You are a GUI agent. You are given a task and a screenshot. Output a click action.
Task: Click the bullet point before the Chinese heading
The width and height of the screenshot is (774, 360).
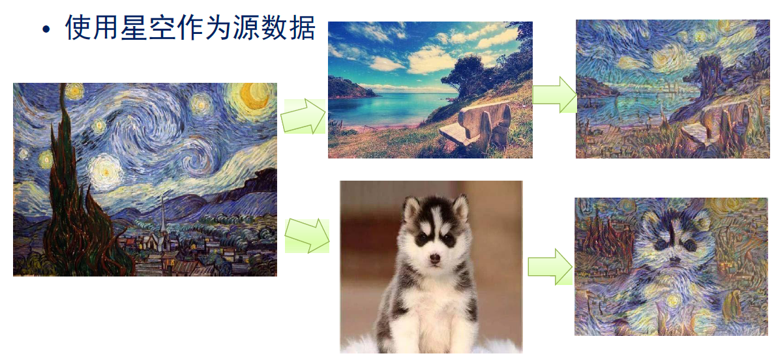tap(46, 29)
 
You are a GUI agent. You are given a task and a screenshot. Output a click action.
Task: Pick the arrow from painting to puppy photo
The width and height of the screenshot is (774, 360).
tap(306, 235)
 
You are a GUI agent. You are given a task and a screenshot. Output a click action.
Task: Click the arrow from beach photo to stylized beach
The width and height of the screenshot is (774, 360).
tap(554, 95)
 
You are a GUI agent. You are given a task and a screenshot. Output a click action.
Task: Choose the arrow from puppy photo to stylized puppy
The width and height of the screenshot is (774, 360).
tap(550, 267)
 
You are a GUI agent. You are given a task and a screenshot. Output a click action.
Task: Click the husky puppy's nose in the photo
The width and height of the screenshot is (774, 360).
tap(435, 258)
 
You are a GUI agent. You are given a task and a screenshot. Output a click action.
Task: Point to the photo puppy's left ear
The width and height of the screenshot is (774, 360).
tap(409, 208)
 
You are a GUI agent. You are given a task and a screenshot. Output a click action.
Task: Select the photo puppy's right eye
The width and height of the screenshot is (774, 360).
tap(448, 239)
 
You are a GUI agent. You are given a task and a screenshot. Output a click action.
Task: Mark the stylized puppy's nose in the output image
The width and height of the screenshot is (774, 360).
tap(674, 260)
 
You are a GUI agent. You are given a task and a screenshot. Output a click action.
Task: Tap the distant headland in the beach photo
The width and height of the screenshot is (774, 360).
tap(350, 88)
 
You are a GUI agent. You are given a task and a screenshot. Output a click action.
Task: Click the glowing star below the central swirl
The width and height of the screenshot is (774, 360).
tap(104, 170)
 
